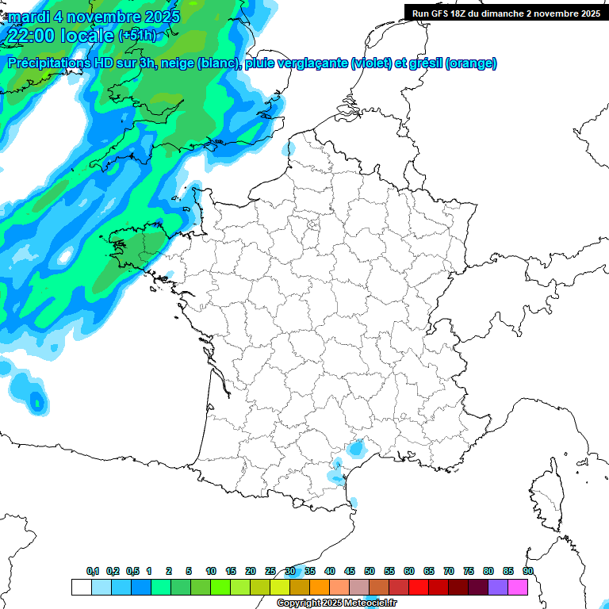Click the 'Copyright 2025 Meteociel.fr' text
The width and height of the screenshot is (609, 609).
(336, 603)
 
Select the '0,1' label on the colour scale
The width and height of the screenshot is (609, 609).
(93, 572)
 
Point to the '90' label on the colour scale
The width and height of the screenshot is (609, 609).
(528, 572)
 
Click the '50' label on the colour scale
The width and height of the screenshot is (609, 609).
(370, 572)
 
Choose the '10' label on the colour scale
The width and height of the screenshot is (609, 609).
(211, 572)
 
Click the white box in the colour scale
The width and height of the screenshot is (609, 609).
(81, 587)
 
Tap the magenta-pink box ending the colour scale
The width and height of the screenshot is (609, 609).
(518, 587)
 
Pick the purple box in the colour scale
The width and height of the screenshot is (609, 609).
(498, 587)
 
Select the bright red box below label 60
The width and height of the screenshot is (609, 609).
(419, 587)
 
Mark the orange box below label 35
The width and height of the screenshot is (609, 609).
(320, 587)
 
